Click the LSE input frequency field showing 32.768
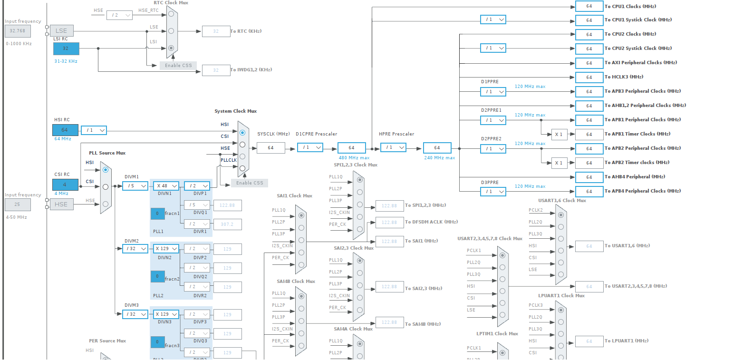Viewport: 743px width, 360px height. point(18,31)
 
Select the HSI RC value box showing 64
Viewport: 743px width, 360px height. point(65,130)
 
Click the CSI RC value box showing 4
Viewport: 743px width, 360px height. point(65,185)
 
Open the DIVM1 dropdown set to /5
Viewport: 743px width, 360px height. point(135,186)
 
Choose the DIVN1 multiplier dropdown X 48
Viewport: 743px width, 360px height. point(166,186)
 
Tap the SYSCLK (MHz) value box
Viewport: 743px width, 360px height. point(270,148)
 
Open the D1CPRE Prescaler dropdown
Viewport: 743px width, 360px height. point(310,147)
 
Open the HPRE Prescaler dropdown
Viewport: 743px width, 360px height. point(393,147)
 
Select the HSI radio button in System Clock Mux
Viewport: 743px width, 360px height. point(242,133)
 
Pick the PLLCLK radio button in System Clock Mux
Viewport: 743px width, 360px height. point(242,168)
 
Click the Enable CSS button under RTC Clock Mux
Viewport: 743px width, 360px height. point(178,65)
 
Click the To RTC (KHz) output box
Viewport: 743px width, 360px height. point(216,31)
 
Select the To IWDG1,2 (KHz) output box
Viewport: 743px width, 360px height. point(216,70)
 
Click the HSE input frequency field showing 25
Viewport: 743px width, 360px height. point(18,204)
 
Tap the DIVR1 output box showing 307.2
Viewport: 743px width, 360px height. point(227,224)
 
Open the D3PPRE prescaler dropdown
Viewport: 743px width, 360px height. point(492,191)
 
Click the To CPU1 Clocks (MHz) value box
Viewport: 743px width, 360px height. point(589,6)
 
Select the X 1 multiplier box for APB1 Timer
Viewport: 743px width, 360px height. point(559,134)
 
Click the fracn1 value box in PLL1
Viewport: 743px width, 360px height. point(157,214)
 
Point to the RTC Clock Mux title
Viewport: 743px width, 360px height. point(171,3)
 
